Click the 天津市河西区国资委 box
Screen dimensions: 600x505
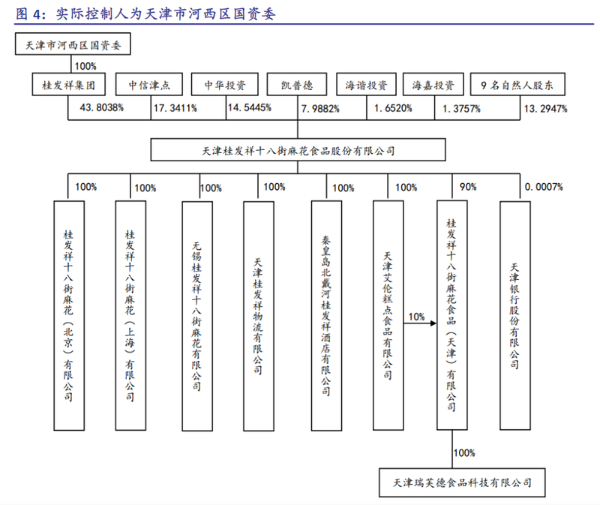[73, 44]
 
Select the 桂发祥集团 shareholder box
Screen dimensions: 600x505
[68, 84]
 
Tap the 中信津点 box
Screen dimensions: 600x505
[148, 84]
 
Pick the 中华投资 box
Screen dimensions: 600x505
[224, 84]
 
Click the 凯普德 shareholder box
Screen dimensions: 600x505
[297, 84]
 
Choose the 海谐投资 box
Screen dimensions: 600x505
[366, 84]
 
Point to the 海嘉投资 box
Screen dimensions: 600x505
[433, 84]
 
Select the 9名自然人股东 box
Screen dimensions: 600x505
[517, 84]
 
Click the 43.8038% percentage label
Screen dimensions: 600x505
[101, 107]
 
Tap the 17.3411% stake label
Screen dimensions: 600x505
[175, 108]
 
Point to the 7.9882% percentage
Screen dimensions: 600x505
[320, 109]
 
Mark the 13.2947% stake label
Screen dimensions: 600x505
[546, 109]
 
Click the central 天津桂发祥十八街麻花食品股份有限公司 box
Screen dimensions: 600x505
[298, 150]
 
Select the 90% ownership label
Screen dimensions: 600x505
[468, 187]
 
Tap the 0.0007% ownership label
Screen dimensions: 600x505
[544, 187]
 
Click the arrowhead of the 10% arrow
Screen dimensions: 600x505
[434, 323]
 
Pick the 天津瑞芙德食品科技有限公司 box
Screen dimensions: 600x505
[462, 482]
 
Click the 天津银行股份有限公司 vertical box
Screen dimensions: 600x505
[515, 315]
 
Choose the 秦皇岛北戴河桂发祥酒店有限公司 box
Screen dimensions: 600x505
[326, 315]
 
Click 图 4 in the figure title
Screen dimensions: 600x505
[28, 14]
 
